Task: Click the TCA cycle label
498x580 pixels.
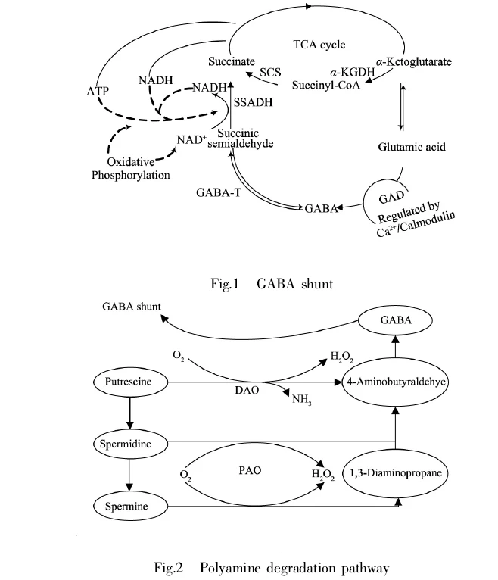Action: (x=319, y=45)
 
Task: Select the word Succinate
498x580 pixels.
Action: (x=232, y=61)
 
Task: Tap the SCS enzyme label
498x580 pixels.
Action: (x=270, y=72)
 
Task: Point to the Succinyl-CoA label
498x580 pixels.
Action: (x=325, y=86)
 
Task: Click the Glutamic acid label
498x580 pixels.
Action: (x=412, y=147)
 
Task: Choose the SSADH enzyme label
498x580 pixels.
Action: (x=254, y=102)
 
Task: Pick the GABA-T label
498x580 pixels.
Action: (x=219, y=192)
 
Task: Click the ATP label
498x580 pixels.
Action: (x=98, y=91)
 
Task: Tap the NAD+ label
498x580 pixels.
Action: (x=191, y=140)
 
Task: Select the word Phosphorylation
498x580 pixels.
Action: (x=130, y=175)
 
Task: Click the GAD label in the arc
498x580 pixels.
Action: (x=391, y=198)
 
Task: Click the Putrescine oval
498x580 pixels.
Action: (x=130, y=382)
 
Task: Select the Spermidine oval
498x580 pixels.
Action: (x=130, y=444)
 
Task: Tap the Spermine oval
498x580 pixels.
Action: (x=130, y=507)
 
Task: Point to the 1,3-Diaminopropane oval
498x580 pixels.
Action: (x=395, y=473)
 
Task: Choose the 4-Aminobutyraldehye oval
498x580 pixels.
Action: (x=395, y=382)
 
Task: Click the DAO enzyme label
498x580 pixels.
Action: (x=247, y=390)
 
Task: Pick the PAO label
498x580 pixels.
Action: (x=250, y=470)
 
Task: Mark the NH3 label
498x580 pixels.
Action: (x=302, y=400)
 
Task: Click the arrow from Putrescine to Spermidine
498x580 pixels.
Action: (x=129, y=413)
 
